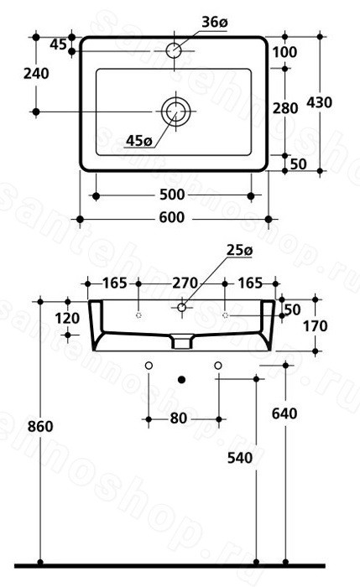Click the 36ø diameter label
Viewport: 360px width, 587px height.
click(x=215, y=22)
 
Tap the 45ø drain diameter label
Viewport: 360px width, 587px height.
click(x=139, y=141)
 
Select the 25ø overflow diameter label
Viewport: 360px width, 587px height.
click(x=239, y=251)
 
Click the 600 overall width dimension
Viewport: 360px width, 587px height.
click(x=172, y=217)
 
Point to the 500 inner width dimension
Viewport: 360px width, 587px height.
click(x=172, y=195)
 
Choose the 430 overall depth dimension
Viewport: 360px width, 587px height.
click(x=319, y=102)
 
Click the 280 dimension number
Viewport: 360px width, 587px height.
click(x=285, y=108)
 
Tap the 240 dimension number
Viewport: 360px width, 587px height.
click(x=36, y=74)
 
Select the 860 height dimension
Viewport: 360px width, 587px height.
click(x=40, y=426)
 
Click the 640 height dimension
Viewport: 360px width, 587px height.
click(x=284, y=413)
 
